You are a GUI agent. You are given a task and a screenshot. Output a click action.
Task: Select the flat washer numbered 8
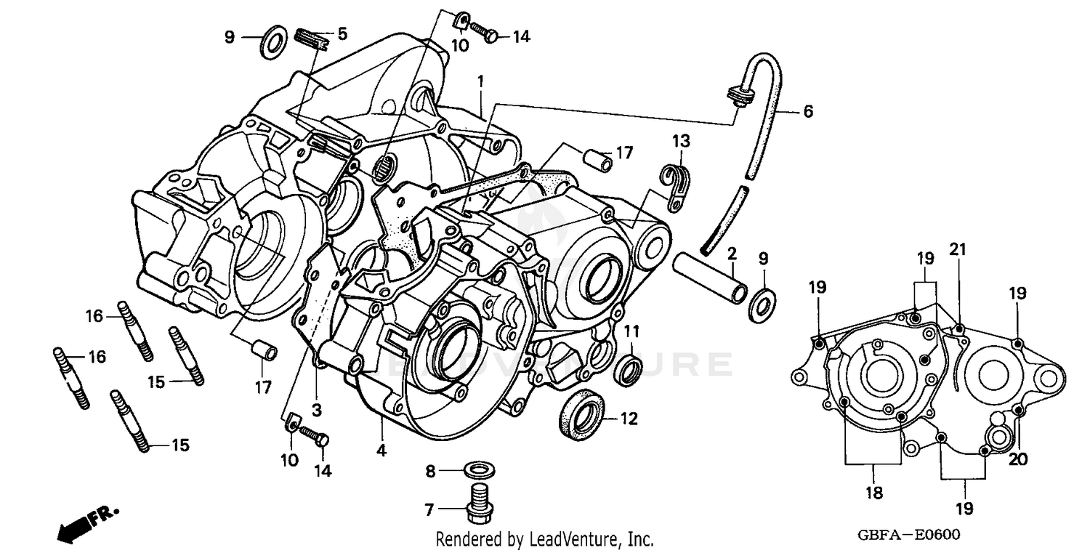tap(476, 467)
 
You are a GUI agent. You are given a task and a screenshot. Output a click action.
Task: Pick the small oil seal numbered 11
tap(628, 369)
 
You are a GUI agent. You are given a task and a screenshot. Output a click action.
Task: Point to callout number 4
tap(381, 451)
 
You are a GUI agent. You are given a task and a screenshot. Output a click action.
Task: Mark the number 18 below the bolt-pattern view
tap(873, 493)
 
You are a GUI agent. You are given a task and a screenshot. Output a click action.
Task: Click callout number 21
tap(958, 250)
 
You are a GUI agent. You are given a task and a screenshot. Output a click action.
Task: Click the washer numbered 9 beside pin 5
tap(272, 44)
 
